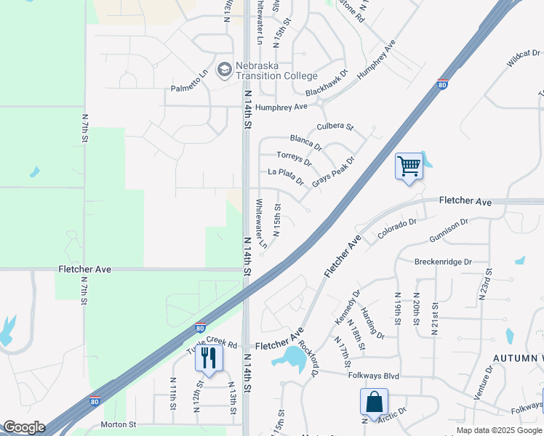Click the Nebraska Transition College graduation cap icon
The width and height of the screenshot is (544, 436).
pyautogui.click(x=225, y=69)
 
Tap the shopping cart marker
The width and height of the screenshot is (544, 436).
pyautogui.click(x=409, y=166)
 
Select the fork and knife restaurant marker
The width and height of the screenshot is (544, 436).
pyautogui.click(x=209, y=357)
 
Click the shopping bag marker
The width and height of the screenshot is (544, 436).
pyautogui.click(x=374, y=402)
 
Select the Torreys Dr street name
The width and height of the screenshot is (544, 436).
pyautogui.click(x=294, y=158)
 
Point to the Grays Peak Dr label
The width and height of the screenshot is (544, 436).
pyautogui.click(x=333, y=172)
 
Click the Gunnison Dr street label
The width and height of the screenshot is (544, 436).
pyautogui.click(x=455, y=233)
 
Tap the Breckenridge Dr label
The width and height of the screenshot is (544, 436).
pyautogui.click(x=443, y=262)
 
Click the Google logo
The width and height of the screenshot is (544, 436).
pyautogui.click(x=24, y=427)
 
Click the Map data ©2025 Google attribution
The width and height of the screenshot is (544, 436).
pyautogui.click(x=500, y=430)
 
